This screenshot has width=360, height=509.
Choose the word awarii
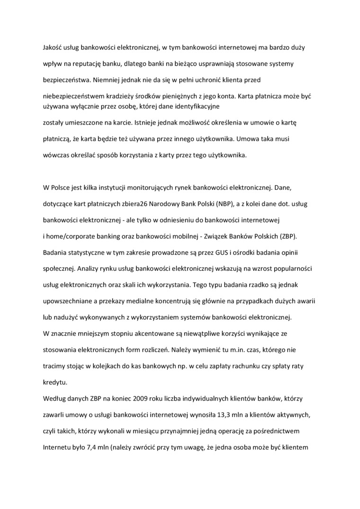pos(306,301)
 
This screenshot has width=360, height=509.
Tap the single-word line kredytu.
pos(54,382)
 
